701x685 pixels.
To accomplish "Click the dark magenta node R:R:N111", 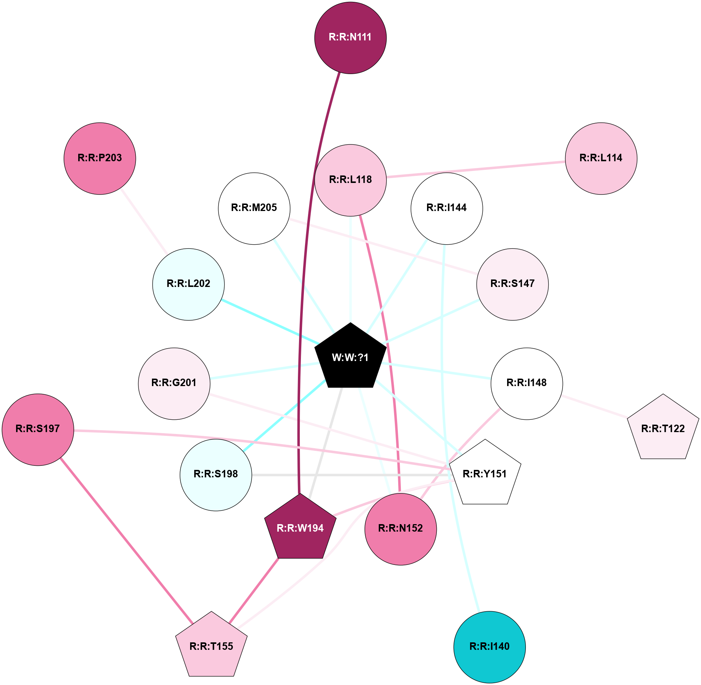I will [350, 38].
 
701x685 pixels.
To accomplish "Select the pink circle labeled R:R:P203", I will [100, 158].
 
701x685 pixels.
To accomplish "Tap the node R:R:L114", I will [601, 158].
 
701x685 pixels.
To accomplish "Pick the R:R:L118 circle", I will [350, 180].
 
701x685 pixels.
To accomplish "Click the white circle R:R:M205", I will [254, 208].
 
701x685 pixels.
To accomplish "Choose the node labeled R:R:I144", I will [446, 208].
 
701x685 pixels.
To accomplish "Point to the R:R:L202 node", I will [188, 284].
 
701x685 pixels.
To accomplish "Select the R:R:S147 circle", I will [512, 284].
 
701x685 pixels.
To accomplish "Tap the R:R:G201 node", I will [174, 383].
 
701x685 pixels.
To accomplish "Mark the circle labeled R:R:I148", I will [527, 383].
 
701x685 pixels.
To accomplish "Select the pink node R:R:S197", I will [38, 429].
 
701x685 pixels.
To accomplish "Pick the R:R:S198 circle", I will [216, 475].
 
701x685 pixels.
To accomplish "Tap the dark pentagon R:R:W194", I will [300, 528].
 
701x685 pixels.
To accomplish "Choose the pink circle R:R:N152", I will [400, 529].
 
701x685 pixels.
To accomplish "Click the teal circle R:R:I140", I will [489, 647].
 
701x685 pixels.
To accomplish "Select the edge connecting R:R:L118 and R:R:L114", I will [475, 169].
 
